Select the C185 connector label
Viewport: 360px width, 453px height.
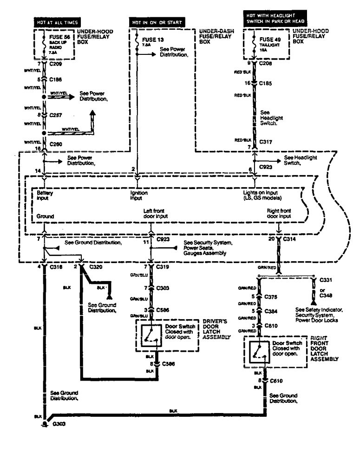pos(266,83)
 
